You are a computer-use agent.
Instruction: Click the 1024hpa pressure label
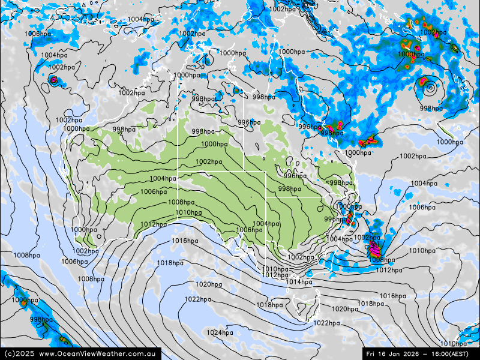[x=220, y=332]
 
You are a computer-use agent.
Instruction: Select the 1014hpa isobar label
[x=298, y=282]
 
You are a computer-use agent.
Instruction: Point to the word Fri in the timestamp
[x=373, y=354]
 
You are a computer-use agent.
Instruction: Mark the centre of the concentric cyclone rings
[x=430, y=88]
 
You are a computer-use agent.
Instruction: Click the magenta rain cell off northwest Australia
[x=53, y=80]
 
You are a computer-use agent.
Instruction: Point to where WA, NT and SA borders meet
[x=178, y=172]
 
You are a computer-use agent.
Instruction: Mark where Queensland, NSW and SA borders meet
[x=266, y=197]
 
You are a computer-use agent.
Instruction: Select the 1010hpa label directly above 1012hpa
[x=275, y=269]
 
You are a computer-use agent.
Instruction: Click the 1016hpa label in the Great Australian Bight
[x=185, y=241]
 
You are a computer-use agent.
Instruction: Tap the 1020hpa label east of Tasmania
[x=344, y=309]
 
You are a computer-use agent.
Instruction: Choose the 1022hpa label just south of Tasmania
[x=326, y=323]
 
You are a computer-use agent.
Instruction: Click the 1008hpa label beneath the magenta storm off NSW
[x=382, y=260]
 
